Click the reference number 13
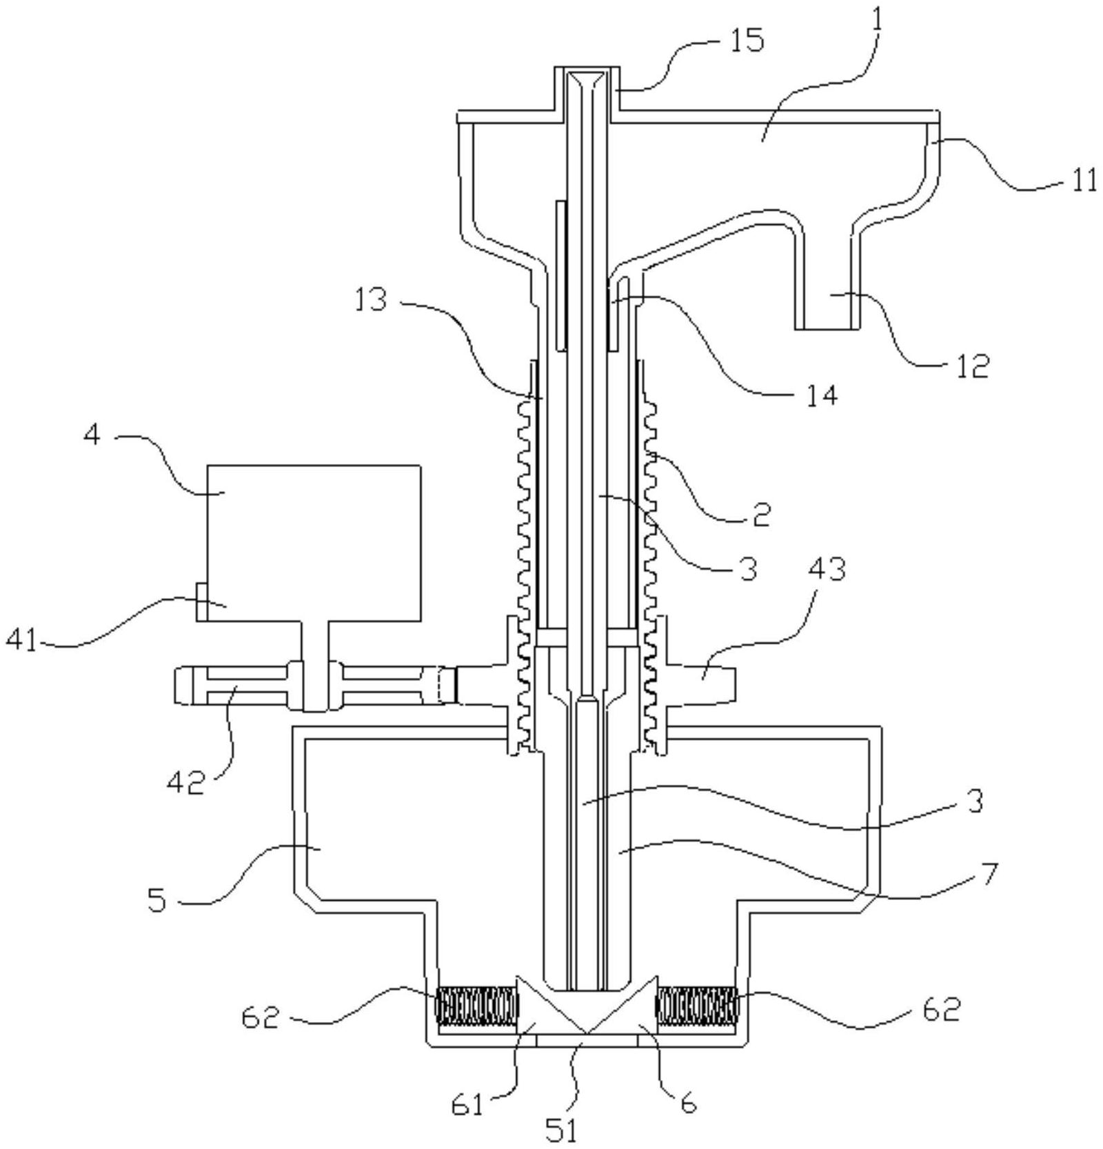point(373,300)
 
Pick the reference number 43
point(826,570)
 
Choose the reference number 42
point(186,783)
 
